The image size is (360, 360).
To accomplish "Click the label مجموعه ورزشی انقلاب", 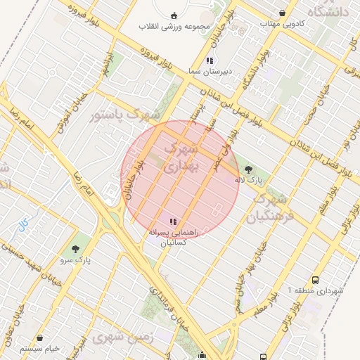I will [174, 27].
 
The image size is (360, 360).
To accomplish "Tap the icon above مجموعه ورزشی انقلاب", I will [174, 15].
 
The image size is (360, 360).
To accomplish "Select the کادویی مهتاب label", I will [283, 23].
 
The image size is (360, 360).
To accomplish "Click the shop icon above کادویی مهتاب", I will [283, 13].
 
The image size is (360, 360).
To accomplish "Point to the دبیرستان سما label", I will [210, 71].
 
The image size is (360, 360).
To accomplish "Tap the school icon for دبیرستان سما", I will [210, 60].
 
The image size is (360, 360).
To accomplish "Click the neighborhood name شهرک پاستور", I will [125, 114].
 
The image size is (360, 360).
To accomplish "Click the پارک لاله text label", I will [248, 181].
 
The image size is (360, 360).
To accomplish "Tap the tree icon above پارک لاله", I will [248, 169].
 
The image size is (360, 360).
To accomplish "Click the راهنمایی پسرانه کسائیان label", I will [174, 236].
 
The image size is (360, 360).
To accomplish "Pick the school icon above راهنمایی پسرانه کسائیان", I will [174, 222].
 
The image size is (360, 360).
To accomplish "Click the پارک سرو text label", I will [76, 259].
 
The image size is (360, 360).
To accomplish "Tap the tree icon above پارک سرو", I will [76, 248].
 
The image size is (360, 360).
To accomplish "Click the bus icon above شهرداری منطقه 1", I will [314, 279].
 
